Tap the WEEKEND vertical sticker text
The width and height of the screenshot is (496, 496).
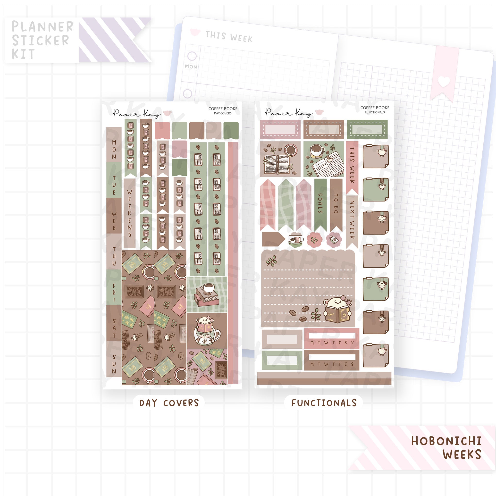pos(130,213)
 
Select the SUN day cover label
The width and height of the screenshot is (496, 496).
pos(114,364)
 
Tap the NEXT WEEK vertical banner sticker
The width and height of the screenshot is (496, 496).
pos(352,219)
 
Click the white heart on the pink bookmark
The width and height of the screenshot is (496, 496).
pos(444,82)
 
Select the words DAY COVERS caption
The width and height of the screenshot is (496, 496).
pos(169,403)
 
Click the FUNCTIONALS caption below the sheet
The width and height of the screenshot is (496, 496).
pos(324,403)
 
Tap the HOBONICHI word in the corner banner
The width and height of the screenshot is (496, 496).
pos(446,441)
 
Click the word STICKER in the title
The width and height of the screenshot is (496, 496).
pos(41,41)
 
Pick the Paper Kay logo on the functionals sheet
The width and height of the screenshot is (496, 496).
pos(289,112)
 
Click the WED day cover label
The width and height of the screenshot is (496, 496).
pos(114,221)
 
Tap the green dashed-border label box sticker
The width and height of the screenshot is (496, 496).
pos(367,129)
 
